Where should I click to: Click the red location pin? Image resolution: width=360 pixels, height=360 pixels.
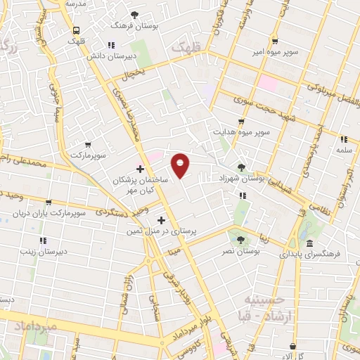pos(181,165)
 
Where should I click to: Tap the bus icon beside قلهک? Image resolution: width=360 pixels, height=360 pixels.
pos(75,30)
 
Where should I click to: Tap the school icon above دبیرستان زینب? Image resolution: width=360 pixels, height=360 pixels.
pos(43,240)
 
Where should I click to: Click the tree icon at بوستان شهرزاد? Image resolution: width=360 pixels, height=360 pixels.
pos(242,167)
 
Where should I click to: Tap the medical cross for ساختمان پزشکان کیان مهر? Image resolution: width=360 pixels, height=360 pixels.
pos(140,169)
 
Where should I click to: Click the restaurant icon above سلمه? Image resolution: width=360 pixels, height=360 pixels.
pos(344,139)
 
